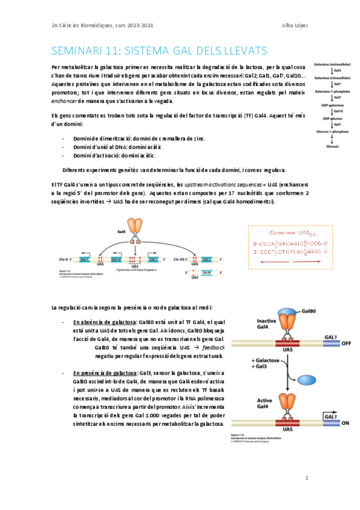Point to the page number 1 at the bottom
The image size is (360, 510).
[307, 478]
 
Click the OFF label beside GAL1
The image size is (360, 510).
[345, 343]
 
